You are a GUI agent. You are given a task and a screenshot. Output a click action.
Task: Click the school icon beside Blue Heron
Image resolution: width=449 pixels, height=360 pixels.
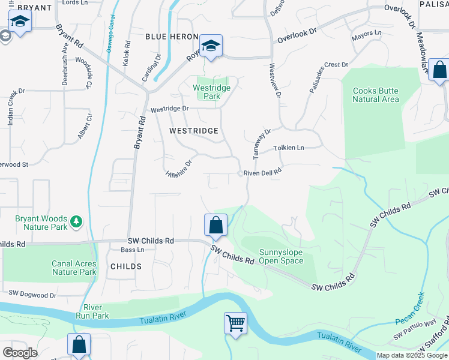(211, 46)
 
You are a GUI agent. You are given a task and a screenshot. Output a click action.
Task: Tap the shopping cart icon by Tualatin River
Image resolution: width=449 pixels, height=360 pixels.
(235, 323)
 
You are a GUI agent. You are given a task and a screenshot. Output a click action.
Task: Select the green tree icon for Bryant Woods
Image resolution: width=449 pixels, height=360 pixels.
(76, 222)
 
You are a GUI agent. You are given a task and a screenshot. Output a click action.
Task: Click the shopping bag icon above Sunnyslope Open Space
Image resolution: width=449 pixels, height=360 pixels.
(216, 226)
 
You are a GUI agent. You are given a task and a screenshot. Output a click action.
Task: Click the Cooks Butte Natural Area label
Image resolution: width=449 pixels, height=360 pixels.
(376, 95)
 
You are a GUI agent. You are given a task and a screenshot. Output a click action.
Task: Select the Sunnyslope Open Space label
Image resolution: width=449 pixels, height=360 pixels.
(281, 256)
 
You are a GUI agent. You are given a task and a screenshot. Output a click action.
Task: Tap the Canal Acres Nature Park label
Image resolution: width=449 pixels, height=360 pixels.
(74, 268)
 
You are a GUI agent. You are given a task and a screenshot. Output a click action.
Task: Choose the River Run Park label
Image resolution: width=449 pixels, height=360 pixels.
(92, 311)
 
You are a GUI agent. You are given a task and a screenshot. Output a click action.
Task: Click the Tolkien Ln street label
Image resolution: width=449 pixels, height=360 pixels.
(289, 148)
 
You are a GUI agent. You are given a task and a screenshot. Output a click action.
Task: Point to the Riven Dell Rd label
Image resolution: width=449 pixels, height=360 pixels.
(262, 173)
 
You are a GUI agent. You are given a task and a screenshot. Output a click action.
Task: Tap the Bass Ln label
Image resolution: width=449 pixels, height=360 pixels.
(133, 250)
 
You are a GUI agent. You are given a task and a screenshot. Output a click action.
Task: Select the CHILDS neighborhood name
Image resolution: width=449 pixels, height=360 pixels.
(126, 266)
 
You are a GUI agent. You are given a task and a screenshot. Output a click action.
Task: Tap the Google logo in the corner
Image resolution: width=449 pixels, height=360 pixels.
(20, 352)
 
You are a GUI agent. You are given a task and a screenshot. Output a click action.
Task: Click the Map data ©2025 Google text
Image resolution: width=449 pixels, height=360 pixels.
(412, 355)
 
